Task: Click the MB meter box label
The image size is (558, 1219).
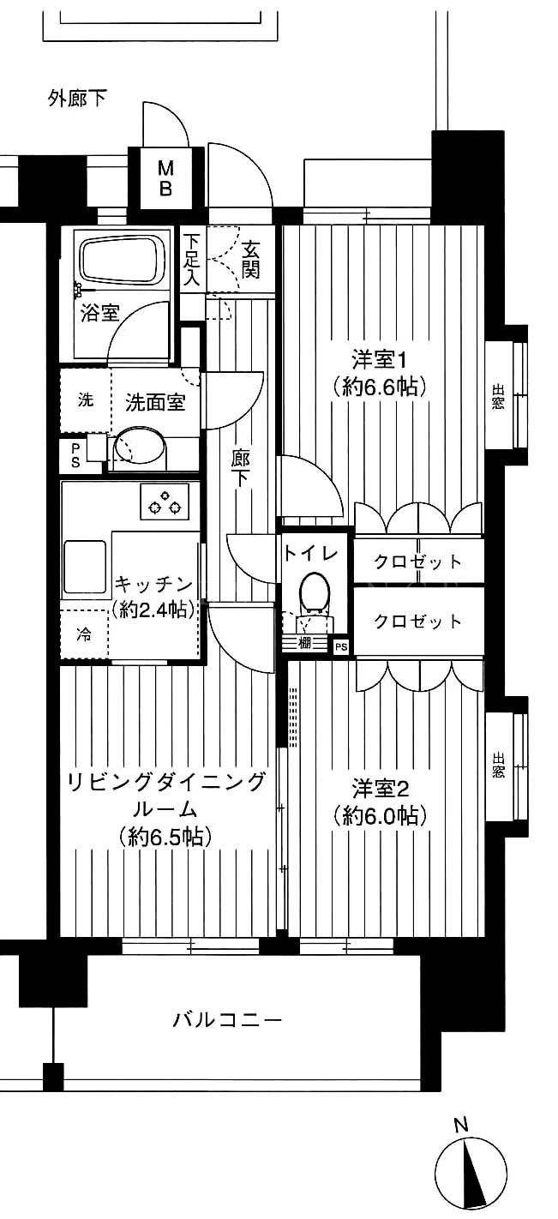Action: coord(165,177)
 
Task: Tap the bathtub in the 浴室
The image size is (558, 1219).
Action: coord(123,260)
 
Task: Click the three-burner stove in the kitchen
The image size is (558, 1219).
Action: coord(165,500)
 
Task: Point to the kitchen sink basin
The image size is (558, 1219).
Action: coord(86,567)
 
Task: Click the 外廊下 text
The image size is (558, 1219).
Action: coord(77,99)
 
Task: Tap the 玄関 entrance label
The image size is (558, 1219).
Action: coord(250,260)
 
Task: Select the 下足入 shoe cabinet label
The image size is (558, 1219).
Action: coord(192,260)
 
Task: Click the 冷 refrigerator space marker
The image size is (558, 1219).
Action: coord(84,634)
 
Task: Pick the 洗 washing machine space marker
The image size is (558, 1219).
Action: coord(86,400)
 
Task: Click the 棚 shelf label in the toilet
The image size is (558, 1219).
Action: coord(305,643)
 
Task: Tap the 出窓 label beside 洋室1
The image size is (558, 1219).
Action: coord(498,397)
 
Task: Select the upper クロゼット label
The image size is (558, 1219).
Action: coord(418,561)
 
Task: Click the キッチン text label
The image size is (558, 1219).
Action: coord(154,585)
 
